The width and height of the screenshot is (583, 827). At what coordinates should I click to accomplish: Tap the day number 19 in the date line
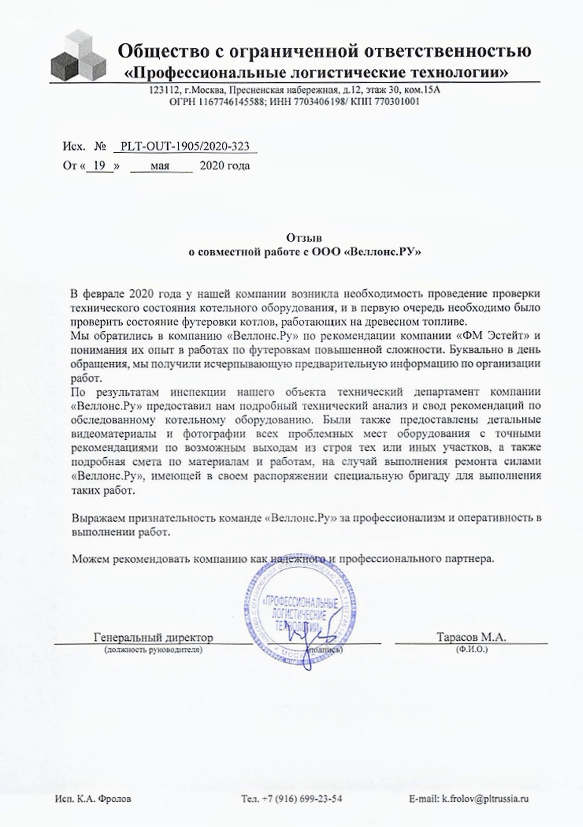point(100,166)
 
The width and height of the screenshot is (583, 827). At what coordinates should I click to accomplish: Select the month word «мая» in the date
point(160,166)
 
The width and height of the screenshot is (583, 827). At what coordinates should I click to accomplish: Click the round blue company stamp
point(301,615)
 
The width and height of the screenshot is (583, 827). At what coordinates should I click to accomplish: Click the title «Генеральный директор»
point(154,637)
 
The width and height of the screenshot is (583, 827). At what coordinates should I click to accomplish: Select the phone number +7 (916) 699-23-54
point(298,799)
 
